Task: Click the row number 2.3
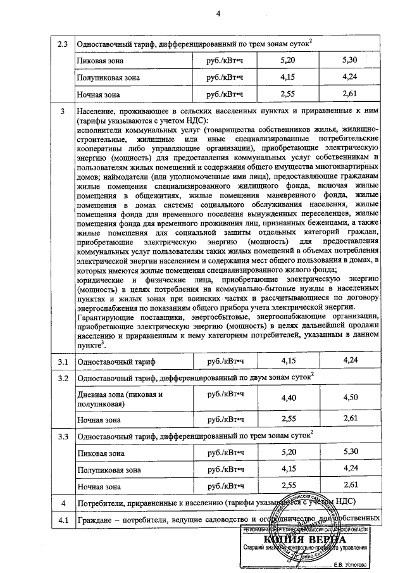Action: click(x=62, y=44)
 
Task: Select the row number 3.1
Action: click(x=62, y=361)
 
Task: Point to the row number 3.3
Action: click(x=62, y=437)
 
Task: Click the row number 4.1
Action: click(x=62, y=520)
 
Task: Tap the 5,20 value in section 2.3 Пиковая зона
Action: click(x=288, y=61)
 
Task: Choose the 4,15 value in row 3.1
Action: click(x=288, y=361)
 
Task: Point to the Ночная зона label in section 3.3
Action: click(x=98, y=486)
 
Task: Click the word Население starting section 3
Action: click(x=97, y=112)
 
